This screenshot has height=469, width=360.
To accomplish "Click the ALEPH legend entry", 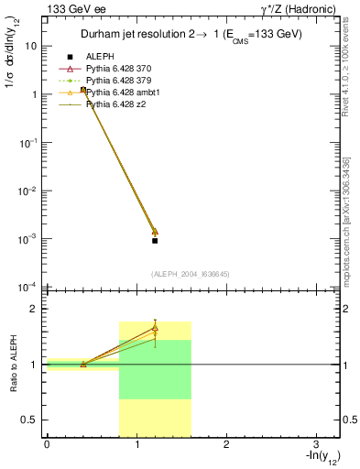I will click(101, 56).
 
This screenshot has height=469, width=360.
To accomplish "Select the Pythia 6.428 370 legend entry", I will click(124, 69).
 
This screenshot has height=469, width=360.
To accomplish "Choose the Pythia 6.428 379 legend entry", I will click(124, 81).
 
